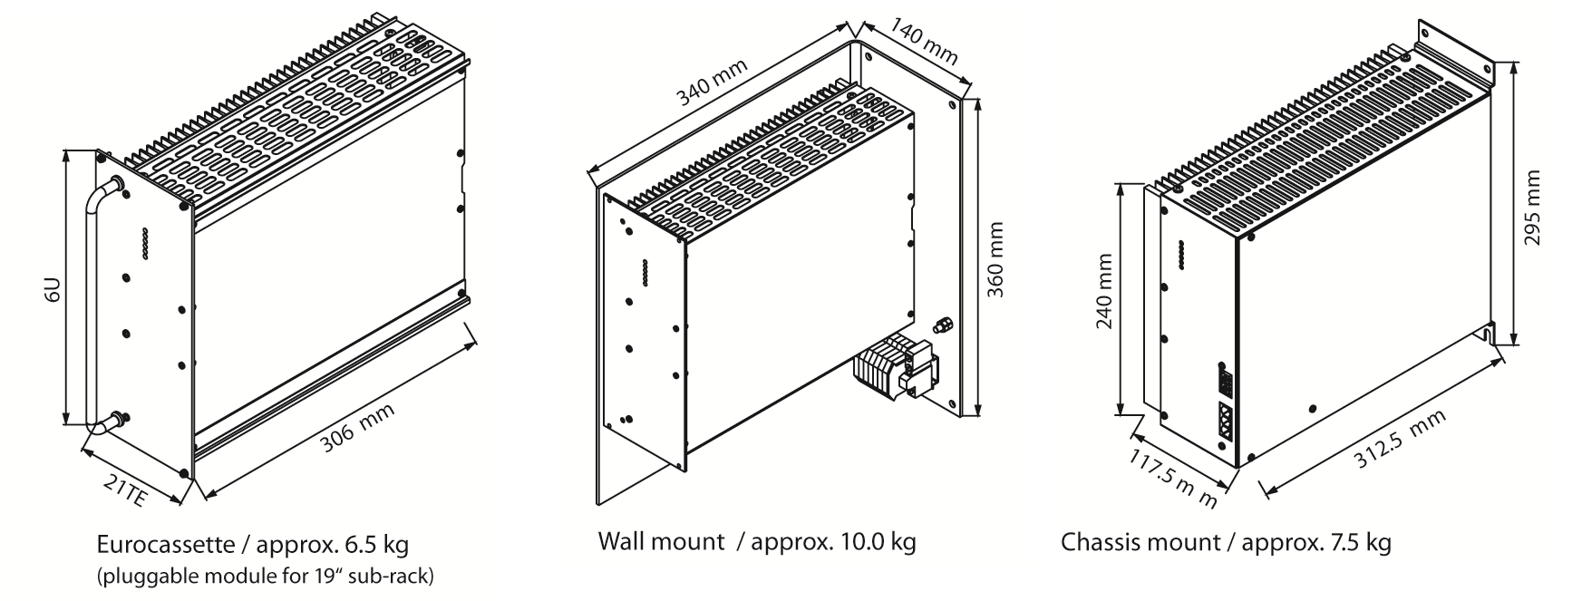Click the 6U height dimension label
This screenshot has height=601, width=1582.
[53, 290]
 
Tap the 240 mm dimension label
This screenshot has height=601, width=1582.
[1105, 292]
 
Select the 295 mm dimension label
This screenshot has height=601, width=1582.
[1532, 213]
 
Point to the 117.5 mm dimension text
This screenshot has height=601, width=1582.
[1177, 479]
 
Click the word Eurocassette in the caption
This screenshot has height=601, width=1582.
[160, 545]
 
